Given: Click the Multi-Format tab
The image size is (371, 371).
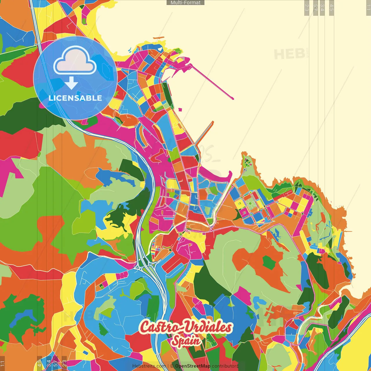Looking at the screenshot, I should click(x=185, y=3).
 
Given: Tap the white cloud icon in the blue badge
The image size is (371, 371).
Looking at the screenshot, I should click(x=75, y=61).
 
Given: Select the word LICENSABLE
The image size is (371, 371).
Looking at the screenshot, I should click(x=75, y=98).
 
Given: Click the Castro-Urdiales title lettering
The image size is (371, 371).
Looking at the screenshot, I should click(x=185, y=327).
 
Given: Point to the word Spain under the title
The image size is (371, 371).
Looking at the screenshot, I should click(x=186, y=341).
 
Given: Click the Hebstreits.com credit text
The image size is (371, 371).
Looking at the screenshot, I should click(x=149, y=366).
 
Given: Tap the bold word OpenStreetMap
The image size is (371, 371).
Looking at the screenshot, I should click(x=193, y=366).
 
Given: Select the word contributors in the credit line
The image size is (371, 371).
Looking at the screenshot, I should click(x=225, y=366).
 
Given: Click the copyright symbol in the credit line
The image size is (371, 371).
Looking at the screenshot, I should click(x=172, y=366).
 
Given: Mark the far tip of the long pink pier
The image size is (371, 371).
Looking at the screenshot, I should click(x=232, y=99).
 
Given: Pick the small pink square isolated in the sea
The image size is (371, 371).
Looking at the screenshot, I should click(x=180, y=110).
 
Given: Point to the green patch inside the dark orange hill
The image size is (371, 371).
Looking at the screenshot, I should click(x=269, y=263).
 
